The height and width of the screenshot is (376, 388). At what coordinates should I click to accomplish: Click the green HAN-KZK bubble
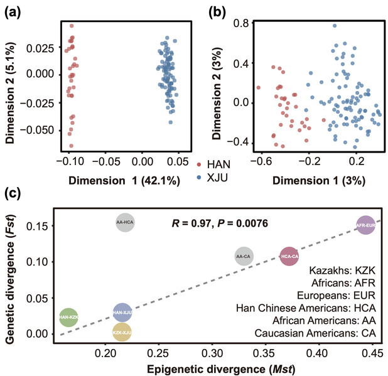pos(68,318)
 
